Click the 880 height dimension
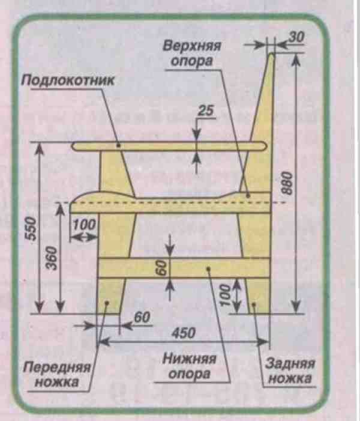click(287, 184)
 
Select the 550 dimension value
click(31, 229)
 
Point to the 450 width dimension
click(184, 333)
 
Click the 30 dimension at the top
click(296, 37)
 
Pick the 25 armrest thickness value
click(206, 111)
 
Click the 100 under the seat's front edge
click(84, 225)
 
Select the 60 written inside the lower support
click(162, 268)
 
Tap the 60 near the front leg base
click(142, 318)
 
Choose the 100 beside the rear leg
click(225, 295)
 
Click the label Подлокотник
click(68, 80)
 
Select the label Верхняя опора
click(192, 53)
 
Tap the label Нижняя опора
click(190, 366)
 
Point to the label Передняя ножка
click(57, 374)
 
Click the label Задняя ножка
click(290, 371)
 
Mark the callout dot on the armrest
click(119, 145)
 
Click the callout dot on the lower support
click(208, 268)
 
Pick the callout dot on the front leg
click(106, 303)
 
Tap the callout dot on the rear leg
click(254, 304)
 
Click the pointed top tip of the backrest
click(272, 53)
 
